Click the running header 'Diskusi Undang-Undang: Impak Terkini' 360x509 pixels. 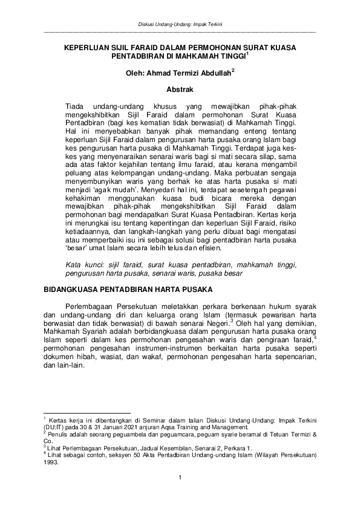(x=180, y=24)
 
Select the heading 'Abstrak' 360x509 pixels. (x=179, y=89)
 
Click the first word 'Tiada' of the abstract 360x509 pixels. (x=74, y=106)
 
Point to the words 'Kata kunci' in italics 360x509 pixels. (x=81, y=265)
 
